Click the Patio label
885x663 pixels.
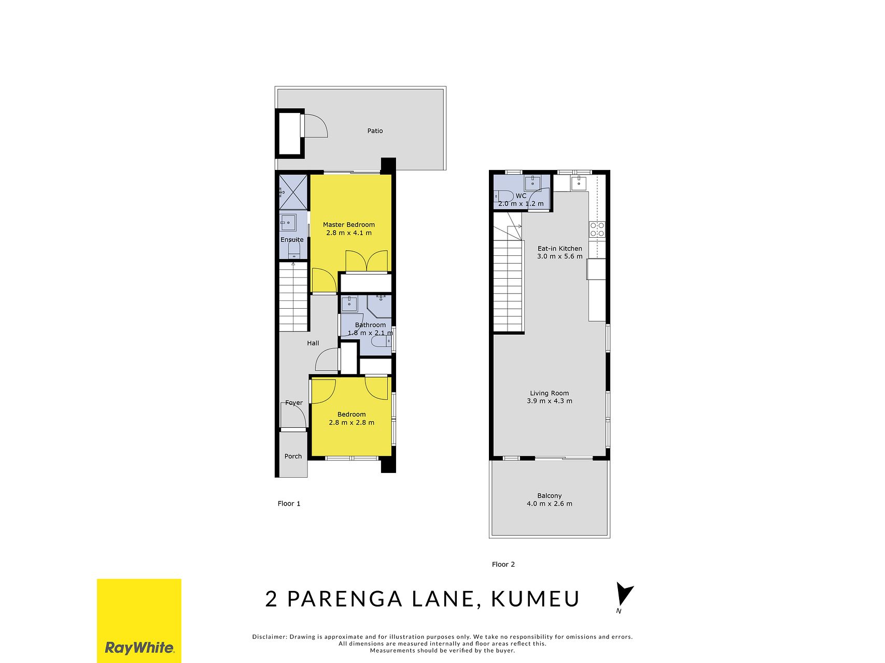pyautogui.click(x=375, y=131)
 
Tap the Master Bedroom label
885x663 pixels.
pyautogui.click(x=348, y=225)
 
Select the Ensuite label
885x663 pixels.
pyautogui.click(x=292, y=240)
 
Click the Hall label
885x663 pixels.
pyautogui.click(x=313, y=343)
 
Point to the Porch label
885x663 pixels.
pyautogui.click(x=293, y=456)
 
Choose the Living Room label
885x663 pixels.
pyautogui.click(x=549, y=393)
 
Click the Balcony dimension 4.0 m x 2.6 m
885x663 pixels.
pyautogui.click(x=550, y=503)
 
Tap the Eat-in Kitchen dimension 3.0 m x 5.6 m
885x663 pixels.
pyautogui.click(x=560, y=256)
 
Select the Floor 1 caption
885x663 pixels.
pyautogui.click(x=289, y=503)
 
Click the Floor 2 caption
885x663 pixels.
pyautogui.click(x=503, y=565)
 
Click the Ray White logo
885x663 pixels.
pyautogui.click(x=139, y=621)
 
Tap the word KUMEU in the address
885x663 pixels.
pyautogui.click(x=535, y=599)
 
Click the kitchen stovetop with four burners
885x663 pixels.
pyautogui.click(x=597, y=229)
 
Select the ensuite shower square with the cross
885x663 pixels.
pyautogui.click(x=293, y=192)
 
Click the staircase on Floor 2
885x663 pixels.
pyautogui.click(x=508, y=279)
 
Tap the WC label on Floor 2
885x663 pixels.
pyautogui.click(x=521, y=196)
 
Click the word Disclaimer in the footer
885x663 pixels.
pyautogui.click(x=269, y=637)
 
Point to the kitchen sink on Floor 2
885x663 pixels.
pyautogui.click(x=579, y=182)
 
